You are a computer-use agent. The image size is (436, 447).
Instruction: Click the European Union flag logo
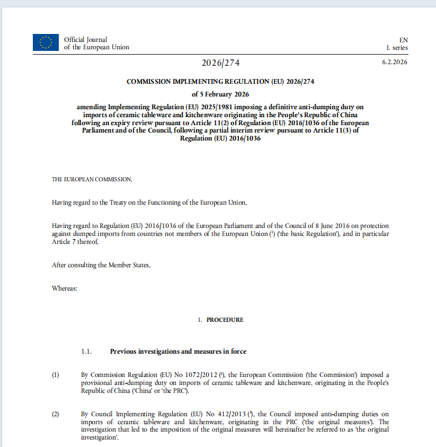pos(46,42)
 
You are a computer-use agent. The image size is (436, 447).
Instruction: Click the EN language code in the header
pos(403,40)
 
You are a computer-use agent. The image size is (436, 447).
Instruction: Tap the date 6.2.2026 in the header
pos(395,63)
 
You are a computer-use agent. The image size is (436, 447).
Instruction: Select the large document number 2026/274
pos(221,63)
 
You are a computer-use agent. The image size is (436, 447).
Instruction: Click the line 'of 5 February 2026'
pos(221,94)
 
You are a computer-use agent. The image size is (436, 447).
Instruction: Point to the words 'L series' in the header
pos(397,48)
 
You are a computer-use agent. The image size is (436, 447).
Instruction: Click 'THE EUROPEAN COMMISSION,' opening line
pos(92,179)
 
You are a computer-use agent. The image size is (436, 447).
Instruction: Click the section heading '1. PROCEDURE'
pos(221,320)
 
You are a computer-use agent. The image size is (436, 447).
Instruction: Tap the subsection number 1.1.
pos(87,352)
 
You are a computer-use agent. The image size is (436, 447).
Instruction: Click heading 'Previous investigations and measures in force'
pos(178,352)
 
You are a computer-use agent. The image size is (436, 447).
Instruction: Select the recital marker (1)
pos(56,375)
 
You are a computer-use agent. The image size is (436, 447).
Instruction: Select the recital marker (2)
pos(56,414)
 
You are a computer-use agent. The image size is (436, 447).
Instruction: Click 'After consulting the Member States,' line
pos(101,265)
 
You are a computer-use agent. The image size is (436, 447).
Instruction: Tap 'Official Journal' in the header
pos(85,40)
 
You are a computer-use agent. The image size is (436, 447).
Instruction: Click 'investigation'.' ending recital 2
pos(99,438)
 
